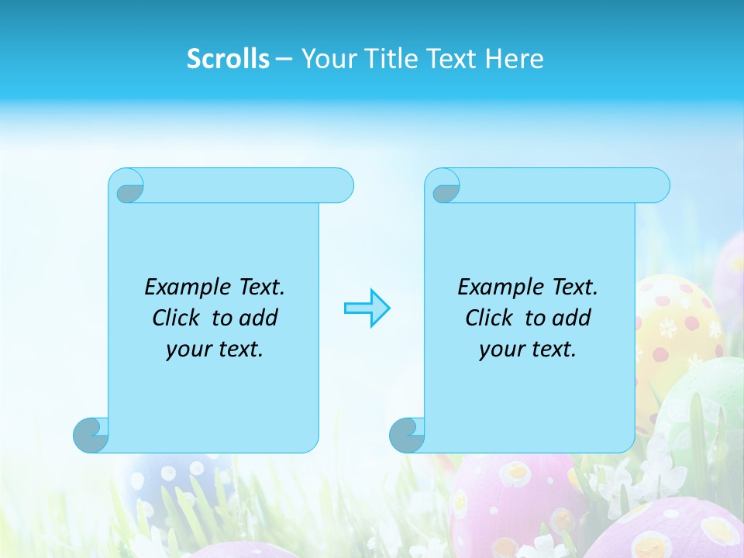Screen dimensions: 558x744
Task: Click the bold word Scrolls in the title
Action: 228,59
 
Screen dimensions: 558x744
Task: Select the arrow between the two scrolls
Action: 367,308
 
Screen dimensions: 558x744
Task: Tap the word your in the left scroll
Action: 188,350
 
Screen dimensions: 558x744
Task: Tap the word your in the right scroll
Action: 501,350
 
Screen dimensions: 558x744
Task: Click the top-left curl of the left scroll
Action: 128,188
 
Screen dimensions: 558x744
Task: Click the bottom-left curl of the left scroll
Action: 91,435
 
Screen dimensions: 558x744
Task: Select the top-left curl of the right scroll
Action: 445,188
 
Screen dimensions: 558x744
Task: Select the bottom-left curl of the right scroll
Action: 407,435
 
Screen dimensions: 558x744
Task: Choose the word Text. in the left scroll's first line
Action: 259,288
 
